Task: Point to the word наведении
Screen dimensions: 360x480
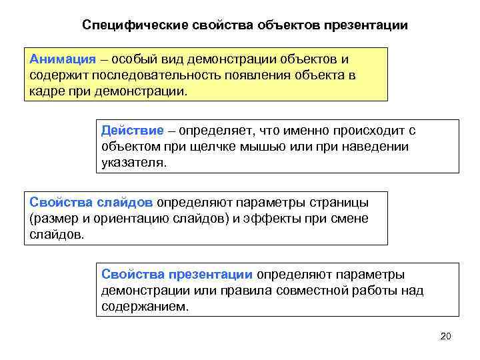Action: (x=378, y=146)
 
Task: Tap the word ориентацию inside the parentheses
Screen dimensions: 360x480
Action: (x=122, y=218)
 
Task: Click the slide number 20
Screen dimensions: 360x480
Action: (x=446, y=335)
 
